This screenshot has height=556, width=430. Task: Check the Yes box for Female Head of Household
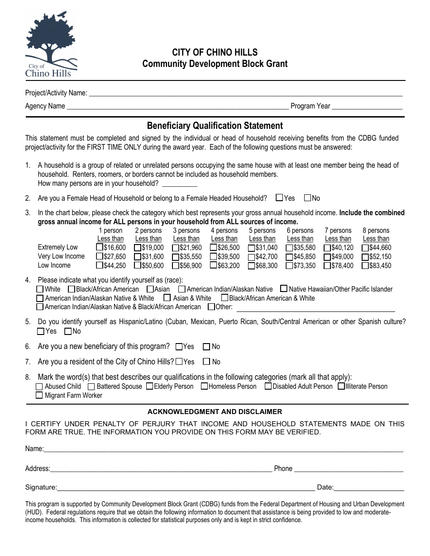click(x=279, y=198)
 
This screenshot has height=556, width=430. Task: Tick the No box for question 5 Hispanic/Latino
click(x=68, y=331)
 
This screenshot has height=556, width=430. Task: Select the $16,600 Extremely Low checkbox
click(x=100, y=247)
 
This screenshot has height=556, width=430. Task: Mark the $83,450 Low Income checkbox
click(x=365, y=265)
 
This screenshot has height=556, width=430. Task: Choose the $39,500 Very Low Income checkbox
click(x=214, y=256)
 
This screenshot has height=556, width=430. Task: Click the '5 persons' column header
click(x=262, y=231)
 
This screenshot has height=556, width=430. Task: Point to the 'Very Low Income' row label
click(x=61, y=256)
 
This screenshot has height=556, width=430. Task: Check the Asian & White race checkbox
click(x=167, y=298)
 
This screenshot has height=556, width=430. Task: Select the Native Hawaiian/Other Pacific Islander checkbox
click(x=284, y=288)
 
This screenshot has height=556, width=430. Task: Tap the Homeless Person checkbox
click(x=204, y=386)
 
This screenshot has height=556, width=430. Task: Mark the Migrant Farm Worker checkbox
click(x=39, y=396)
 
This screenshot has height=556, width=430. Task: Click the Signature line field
click(x=186, y=487)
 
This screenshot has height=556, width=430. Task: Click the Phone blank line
click(x=349, y=469)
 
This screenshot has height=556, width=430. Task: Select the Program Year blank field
click(x=367, y=106)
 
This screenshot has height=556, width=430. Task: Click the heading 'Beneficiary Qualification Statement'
click(x=215, y=126)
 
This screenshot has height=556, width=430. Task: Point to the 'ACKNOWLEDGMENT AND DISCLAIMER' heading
click(x=215, y=412)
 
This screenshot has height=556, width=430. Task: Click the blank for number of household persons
click(x=179, y=184)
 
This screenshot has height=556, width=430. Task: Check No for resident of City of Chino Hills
click(x=206, y=362)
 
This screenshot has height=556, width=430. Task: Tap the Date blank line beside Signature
click(x=369, y=487)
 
